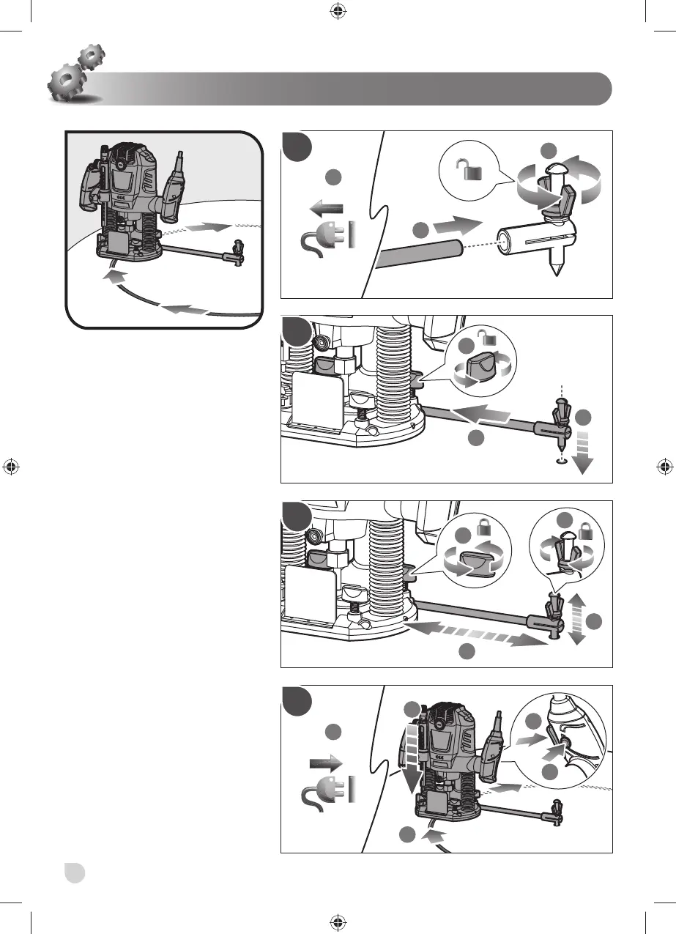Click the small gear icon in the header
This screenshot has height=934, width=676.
point(91,56)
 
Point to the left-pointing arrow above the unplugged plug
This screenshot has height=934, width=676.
point(326,208)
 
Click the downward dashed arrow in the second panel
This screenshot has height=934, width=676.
point(584,453)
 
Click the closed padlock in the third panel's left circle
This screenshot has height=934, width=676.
point(485,526)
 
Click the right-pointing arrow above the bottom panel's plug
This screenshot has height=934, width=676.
point(325,763)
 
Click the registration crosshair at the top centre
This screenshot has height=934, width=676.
point(338,10)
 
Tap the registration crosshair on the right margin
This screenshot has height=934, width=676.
point(663,466)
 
